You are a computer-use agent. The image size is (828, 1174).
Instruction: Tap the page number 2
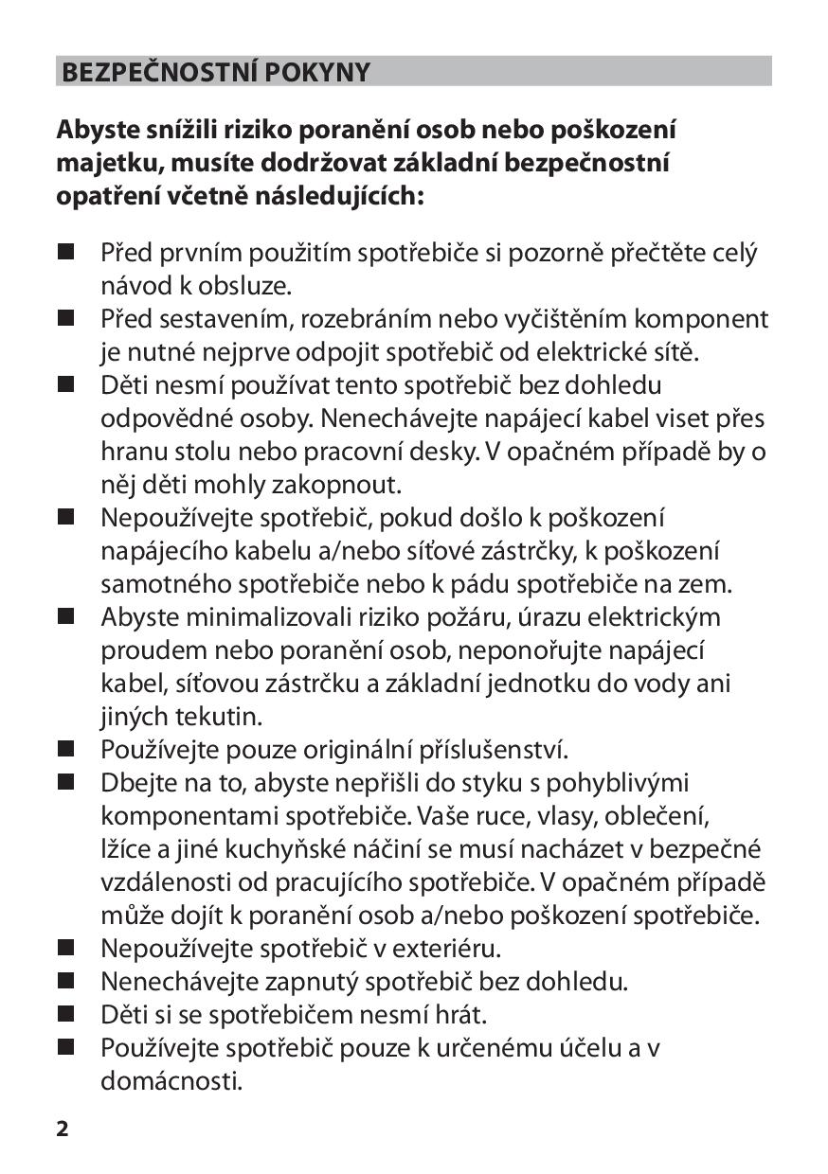pyautogui.click(x=63, y=1129)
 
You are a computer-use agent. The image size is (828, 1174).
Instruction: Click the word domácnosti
pyautogui.click(x=171, y=1080)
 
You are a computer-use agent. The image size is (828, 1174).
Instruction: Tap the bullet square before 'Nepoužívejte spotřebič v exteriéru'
pyautogui.click(x=64, y=947)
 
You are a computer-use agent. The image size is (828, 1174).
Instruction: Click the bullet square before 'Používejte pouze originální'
pyautogui.click(x=64, y=749)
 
